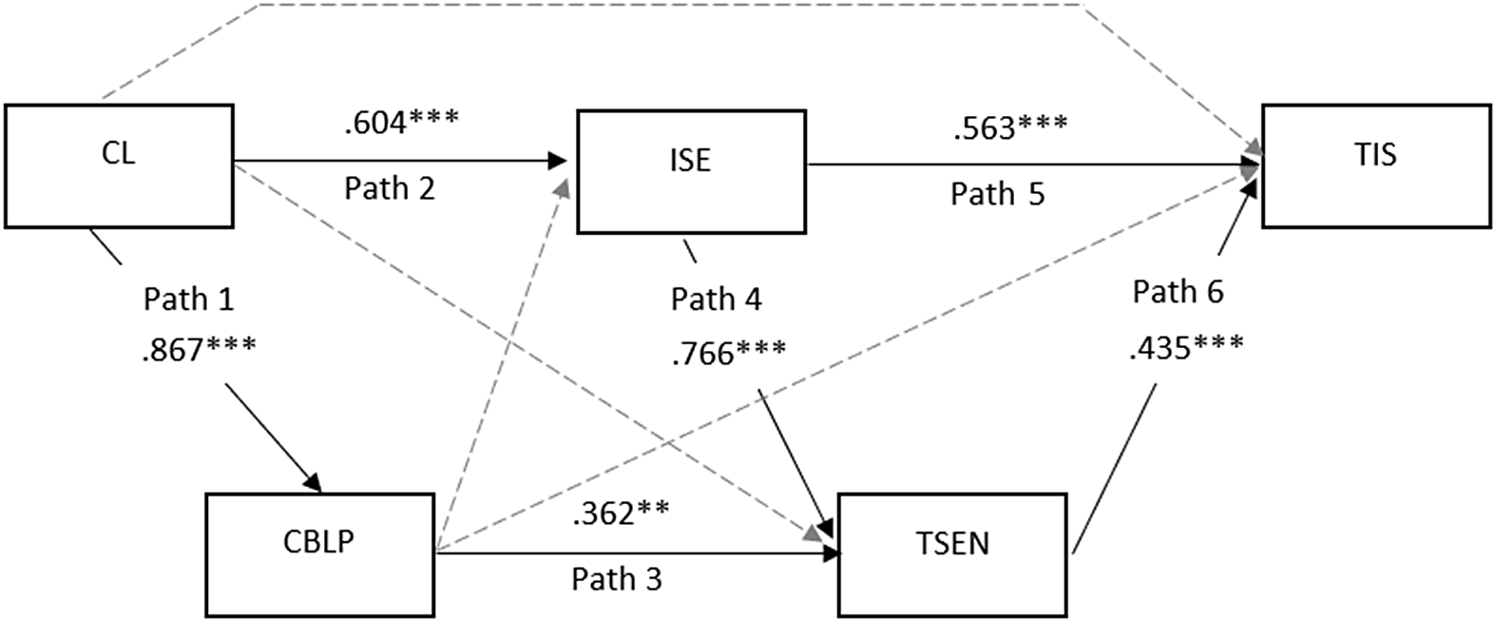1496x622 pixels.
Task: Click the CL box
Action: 119,166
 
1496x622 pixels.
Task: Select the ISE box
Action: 691,171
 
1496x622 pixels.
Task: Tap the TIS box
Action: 1375,166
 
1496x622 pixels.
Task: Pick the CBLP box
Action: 319,554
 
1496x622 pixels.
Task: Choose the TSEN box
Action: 951,554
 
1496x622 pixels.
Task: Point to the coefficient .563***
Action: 1009,127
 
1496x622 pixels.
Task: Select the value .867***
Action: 198,349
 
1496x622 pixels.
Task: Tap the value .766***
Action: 728,353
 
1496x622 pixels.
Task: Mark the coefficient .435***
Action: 1185,348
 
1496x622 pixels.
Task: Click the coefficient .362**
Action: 620,513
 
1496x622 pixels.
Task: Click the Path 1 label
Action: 188,300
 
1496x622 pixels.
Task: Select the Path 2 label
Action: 389,188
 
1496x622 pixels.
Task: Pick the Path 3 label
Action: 616,578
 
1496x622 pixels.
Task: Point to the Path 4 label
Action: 716,300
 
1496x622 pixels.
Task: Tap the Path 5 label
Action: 997,194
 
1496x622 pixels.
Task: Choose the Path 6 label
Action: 1178,292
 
